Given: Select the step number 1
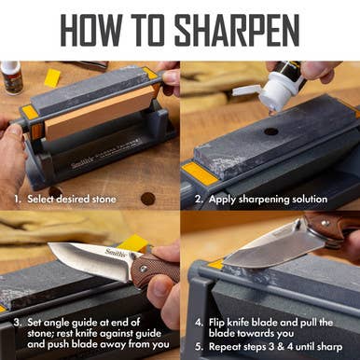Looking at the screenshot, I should (17, 200).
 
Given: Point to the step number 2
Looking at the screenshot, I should (199, 200).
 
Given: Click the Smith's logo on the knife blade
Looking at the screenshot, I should (115, 254).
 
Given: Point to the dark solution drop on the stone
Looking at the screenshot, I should (270, 132).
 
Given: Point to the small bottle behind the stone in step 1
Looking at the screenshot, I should (11, 76).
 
